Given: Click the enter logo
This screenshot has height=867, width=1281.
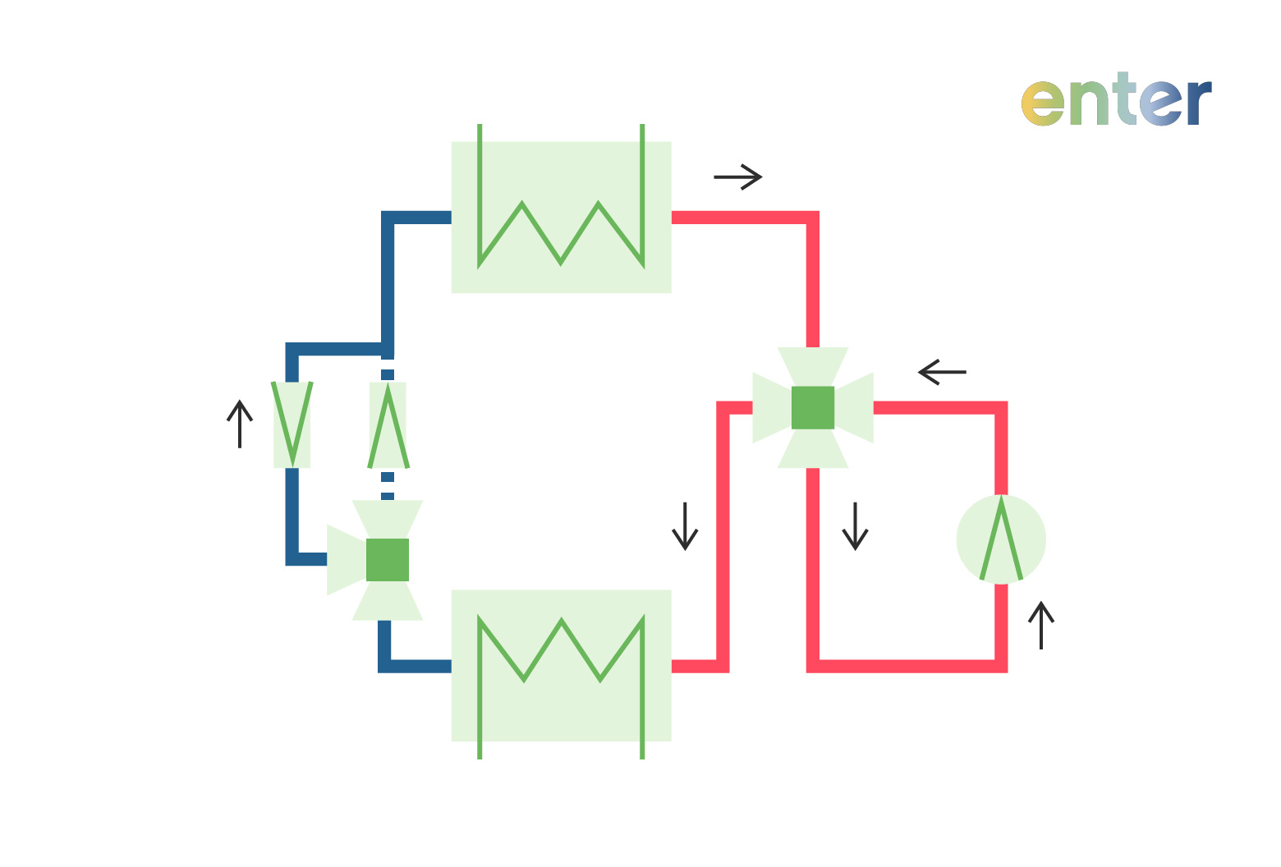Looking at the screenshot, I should click(1116, 102).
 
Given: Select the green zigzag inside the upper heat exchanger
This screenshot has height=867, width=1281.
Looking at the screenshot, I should click(561, 233).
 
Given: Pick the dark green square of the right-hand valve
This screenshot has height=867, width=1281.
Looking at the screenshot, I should click(813, 407).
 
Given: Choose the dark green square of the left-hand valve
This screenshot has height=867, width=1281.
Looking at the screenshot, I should click(388, 560).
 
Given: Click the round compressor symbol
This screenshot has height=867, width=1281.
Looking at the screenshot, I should click(1001, 539).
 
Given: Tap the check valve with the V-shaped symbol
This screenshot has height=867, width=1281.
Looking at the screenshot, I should click(292, 424).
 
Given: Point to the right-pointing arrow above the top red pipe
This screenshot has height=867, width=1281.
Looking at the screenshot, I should click(738, 177).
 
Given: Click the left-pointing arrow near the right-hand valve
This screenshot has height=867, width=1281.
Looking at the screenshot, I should click(942, 372).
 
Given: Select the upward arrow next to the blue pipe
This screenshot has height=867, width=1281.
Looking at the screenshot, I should click(239, 424).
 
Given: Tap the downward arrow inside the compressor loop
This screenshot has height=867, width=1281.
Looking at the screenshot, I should click(855, 526).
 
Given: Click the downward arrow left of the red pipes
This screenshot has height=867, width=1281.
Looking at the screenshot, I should click(685, 526).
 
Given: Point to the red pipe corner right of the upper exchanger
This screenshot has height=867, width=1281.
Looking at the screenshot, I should click(812, 218).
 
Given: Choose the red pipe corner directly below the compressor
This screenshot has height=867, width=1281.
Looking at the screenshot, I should click(1001, 665).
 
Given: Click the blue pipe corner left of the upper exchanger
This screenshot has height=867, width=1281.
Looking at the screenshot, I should click(388, 218).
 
